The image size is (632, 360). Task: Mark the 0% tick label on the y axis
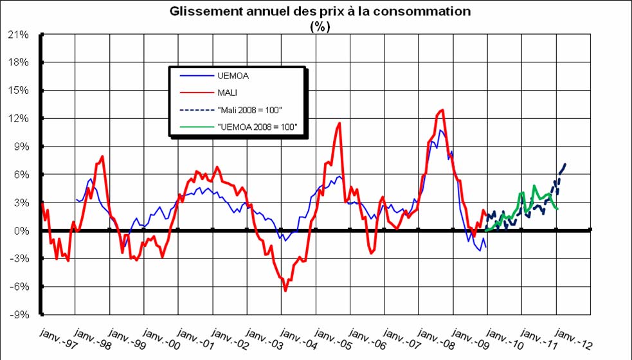[x=21, y=231]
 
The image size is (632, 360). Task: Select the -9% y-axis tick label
[x=19, y=315]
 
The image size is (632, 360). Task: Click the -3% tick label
[x=19, y=259]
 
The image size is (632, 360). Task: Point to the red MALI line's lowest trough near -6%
[x=285, y=291]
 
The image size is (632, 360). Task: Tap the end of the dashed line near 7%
[x=565, y=164]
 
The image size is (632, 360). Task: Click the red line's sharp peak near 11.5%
[x=339, y=123]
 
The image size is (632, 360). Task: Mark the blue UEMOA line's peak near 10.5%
[x=440, y=130]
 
